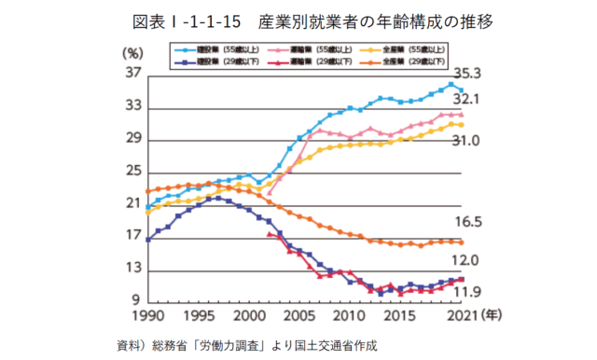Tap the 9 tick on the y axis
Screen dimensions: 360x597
(133, 301)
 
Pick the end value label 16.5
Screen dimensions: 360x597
(466, 223)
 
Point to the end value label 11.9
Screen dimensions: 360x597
(466, 293)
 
